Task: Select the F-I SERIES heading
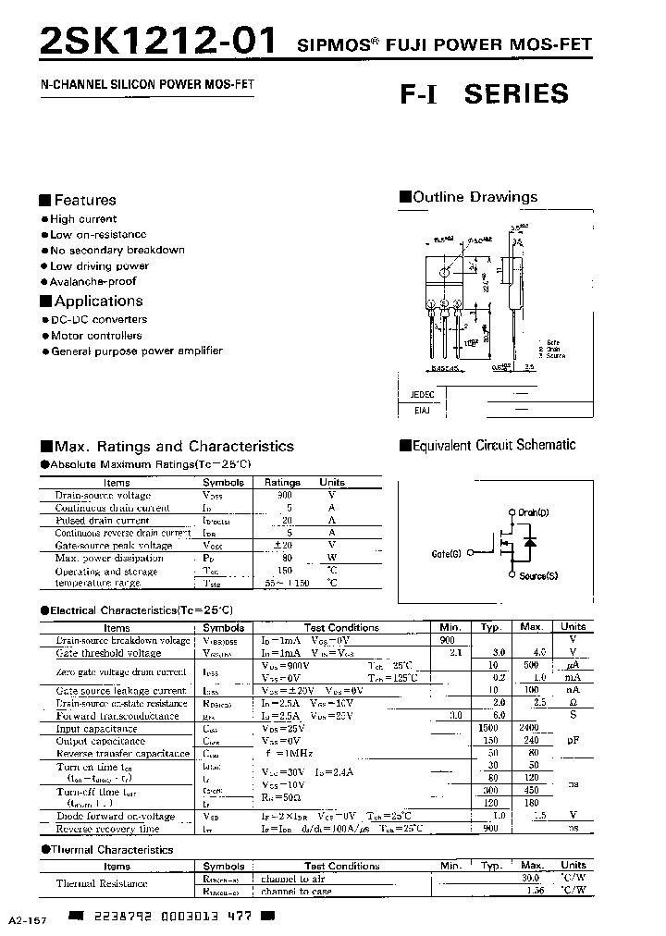point(484,93)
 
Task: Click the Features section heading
point(84,200)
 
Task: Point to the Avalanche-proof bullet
point(92,281)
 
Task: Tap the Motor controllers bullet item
point(96,335)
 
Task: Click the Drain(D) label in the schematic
point(534,511)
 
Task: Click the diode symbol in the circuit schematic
point(529,543)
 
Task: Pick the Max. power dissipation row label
point(109,558)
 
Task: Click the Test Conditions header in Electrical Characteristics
point(341,627)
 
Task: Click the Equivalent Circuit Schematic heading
point(494,445)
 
